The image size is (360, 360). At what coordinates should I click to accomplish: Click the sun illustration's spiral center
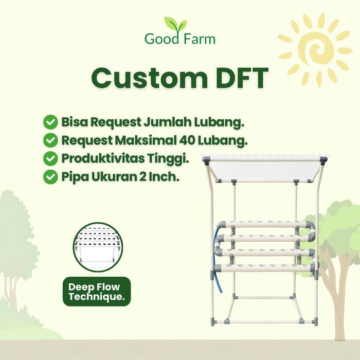[315, 49]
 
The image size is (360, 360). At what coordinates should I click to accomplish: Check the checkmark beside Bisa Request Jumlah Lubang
[50, 122]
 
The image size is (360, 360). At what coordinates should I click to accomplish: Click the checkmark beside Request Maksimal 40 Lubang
[50, 140]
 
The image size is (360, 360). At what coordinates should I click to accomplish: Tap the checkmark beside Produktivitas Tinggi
[50, 158]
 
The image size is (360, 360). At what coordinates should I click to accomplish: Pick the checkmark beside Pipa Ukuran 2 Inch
[50, 176]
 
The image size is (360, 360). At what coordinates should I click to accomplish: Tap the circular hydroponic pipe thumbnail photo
[97, 247]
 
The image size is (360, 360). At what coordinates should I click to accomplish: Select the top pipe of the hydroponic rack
[265, 225]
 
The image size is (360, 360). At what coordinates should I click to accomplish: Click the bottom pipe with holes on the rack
[265, 267]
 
